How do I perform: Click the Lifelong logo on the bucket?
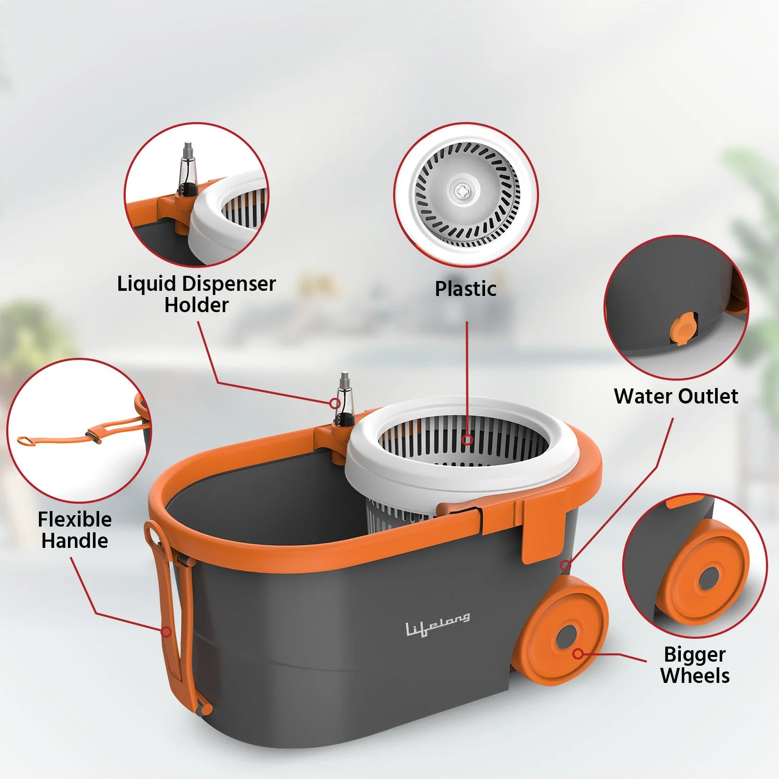438,624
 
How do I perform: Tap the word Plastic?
465,289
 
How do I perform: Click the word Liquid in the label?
147,285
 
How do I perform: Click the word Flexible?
75,519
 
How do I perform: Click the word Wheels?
695,676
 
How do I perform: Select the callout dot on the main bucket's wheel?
578,653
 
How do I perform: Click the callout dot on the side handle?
166,632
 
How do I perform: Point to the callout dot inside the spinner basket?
467,440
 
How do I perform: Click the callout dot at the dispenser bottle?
335,403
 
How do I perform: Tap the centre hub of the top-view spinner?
461,191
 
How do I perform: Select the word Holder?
196,305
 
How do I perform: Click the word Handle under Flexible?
75,541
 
